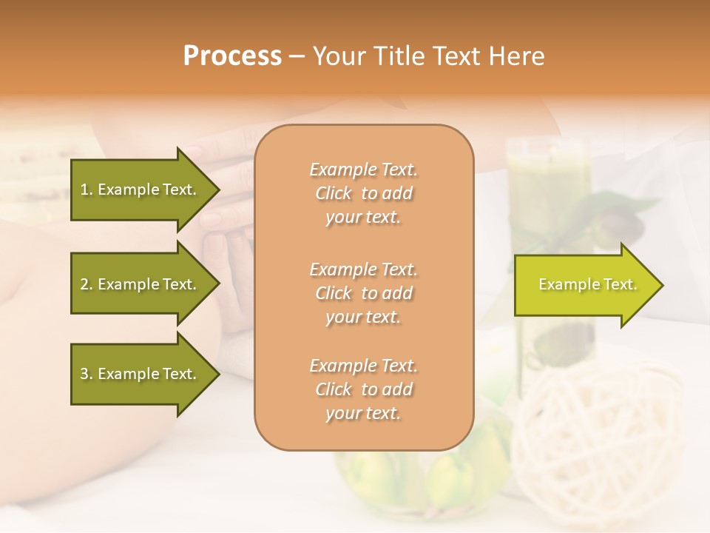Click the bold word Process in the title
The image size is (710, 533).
(x=232, y=56)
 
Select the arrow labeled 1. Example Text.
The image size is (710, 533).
(x=141, y=190)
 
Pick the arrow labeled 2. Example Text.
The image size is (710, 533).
(x=141, y=284)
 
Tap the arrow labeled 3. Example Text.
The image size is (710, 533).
(x=141, y=374)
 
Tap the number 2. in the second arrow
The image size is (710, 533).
(x=87, y=284)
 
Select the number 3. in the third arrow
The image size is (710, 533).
(x=87, y=374)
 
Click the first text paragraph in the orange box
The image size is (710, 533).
(x=363, y=193)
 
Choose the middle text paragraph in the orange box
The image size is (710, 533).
(x=363, y=293)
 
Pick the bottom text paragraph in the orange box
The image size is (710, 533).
(x=363, y=389)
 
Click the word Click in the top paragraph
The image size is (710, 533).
(x=334, y=193)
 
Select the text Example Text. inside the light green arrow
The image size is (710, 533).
(x=587, y=284)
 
